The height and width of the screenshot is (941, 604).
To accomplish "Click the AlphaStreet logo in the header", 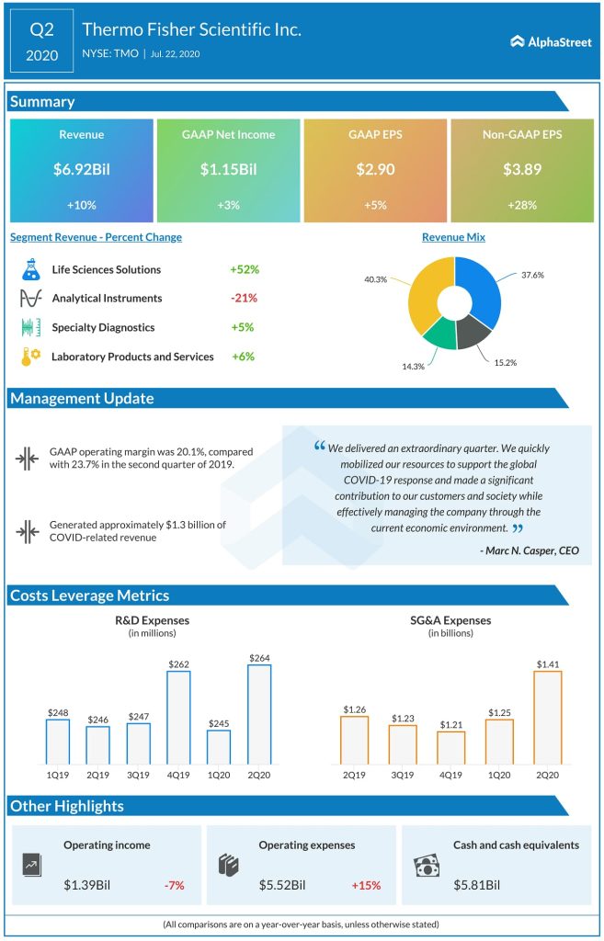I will [548, 40].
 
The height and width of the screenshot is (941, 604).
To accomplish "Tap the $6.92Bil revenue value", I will [81, 168].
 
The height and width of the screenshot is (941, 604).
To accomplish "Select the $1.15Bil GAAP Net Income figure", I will [228, 168].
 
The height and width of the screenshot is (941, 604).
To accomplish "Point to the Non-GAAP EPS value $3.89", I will [521, 168].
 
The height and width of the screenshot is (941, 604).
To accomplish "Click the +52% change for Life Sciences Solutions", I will [245, 269].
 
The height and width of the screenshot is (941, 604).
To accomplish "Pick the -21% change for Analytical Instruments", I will [245, 298].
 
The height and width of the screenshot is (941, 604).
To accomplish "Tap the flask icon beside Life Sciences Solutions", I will [29, 269].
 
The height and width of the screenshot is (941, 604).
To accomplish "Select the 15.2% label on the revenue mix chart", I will [504, 362].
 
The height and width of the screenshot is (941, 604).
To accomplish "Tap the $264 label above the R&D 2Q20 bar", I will [259, 656].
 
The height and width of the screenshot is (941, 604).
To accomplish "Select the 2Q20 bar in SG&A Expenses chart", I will [547, 717].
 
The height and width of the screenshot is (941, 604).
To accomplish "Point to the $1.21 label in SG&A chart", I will [450, 723].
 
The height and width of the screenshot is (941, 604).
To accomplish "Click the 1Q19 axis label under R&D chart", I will [57, 774].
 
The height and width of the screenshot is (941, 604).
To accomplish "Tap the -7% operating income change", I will [174, 885].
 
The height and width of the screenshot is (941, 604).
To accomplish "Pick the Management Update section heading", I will [82, 398].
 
